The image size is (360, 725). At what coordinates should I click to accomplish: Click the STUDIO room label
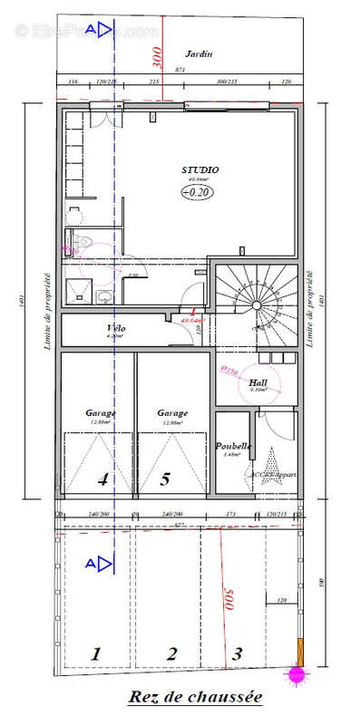coord(200,169)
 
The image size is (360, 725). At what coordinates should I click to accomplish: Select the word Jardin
coord(199,53)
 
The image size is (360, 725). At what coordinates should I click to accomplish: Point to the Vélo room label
coord(115,327)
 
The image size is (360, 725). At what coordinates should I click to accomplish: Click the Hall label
coord(258,382)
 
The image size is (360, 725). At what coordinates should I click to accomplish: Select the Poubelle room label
coord(233,446)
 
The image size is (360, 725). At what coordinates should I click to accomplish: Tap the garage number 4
coord(102,480)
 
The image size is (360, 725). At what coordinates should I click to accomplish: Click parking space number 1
coord(96,652)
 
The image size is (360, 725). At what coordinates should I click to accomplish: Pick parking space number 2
coord(170,652)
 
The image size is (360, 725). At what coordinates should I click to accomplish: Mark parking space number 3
coord(237,652)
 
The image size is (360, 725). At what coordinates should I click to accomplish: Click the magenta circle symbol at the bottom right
coord(295,674)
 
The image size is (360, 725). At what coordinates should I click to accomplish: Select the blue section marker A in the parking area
coord(94,565)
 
